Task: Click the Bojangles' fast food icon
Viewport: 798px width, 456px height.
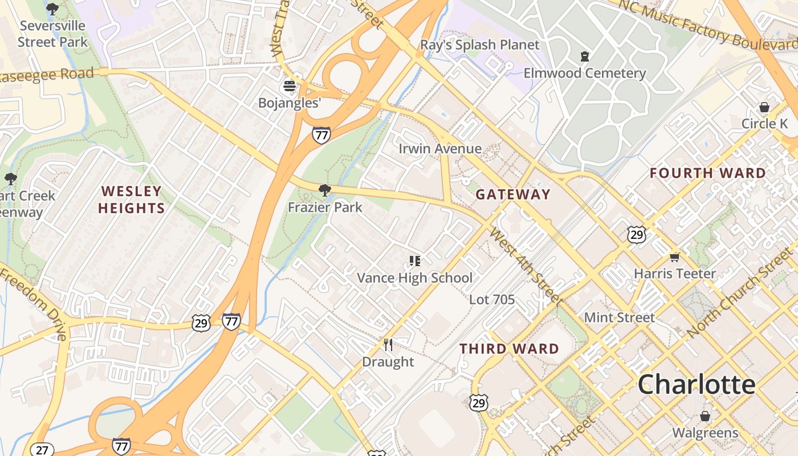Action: [x=290, y=87]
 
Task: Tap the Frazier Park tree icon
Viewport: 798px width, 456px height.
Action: [x=325, y=190]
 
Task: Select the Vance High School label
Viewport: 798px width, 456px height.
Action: [x=414, y=278]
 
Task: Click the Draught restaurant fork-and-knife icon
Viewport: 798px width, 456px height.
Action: [x=388, y=344]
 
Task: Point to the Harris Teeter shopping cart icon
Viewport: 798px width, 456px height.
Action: [x=675, y=257]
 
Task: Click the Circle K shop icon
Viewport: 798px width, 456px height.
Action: [x=764, y=107]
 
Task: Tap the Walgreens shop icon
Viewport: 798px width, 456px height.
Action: [x=705, y=416]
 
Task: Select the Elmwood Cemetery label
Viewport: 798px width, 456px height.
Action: [x=585, y=74]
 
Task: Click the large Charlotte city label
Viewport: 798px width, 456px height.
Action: [x=697, y=385]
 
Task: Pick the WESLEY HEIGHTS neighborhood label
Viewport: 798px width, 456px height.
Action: [x=131, y=199]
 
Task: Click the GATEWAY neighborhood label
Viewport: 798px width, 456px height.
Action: [x=513, y=194]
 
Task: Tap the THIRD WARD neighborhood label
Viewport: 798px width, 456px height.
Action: [x=509, y=349]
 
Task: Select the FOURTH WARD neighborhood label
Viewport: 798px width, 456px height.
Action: [x=708, y=173]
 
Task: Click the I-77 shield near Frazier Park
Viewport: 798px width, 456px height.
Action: [x=321, y=135]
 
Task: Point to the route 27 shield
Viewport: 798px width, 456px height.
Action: [x=42, y=449]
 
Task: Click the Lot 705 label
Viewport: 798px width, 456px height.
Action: [x=492, y=299]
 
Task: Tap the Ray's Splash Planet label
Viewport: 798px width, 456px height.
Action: [x=479, y=44]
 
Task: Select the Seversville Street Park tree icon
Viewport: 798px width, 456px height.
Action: [x=52, y=9]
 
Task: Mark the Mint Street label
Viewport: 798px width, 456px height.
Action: [x=619, y=317]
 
